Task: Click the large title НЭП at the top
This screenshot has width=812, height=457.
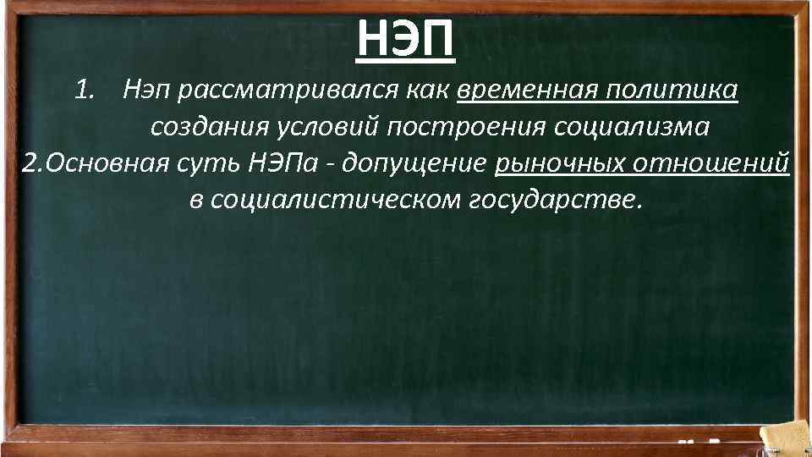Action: click(406, 37)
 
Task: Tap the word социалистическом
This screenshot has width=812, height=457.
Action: click(326, 201)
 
